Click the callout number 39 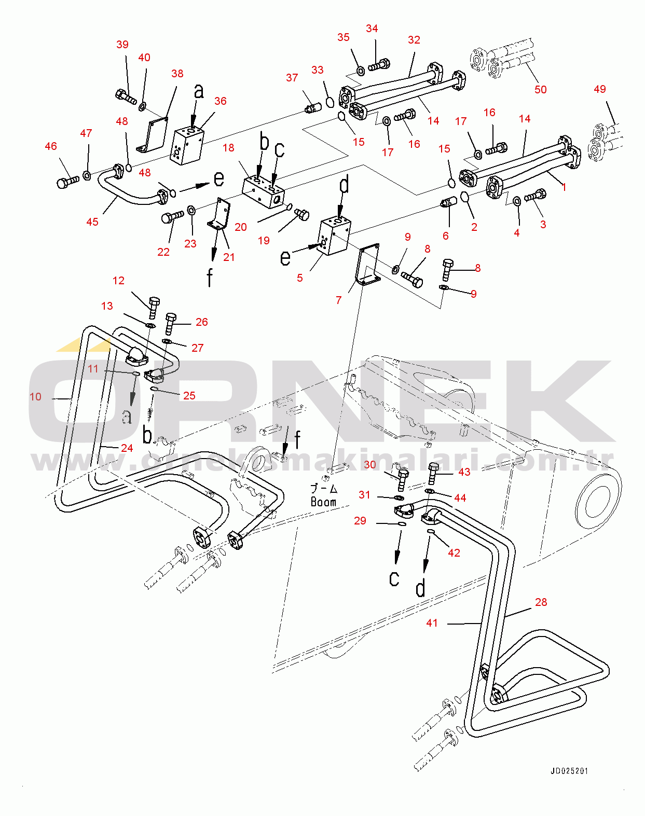[x=122, y=45]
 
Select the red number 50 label [x=540, y=90]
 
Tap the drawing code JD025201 [x=569, y=771]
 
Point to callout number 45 [x=92, y=222]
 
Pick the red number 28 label [x=541, y=602]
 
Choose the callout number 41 [x=432, y=623]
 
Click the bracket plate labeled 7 [x=367, y=264]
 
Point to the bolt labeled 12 [x=154, y=308]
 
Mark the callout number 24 [x=127, y=448]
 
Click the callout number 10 [x=35, y=397]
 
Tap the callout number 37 [x=292, y=78]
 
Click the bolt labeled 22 [x=172, y=218]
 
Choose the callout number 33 [x=317, y=70]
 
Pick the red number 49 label [x=599, y=89]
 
